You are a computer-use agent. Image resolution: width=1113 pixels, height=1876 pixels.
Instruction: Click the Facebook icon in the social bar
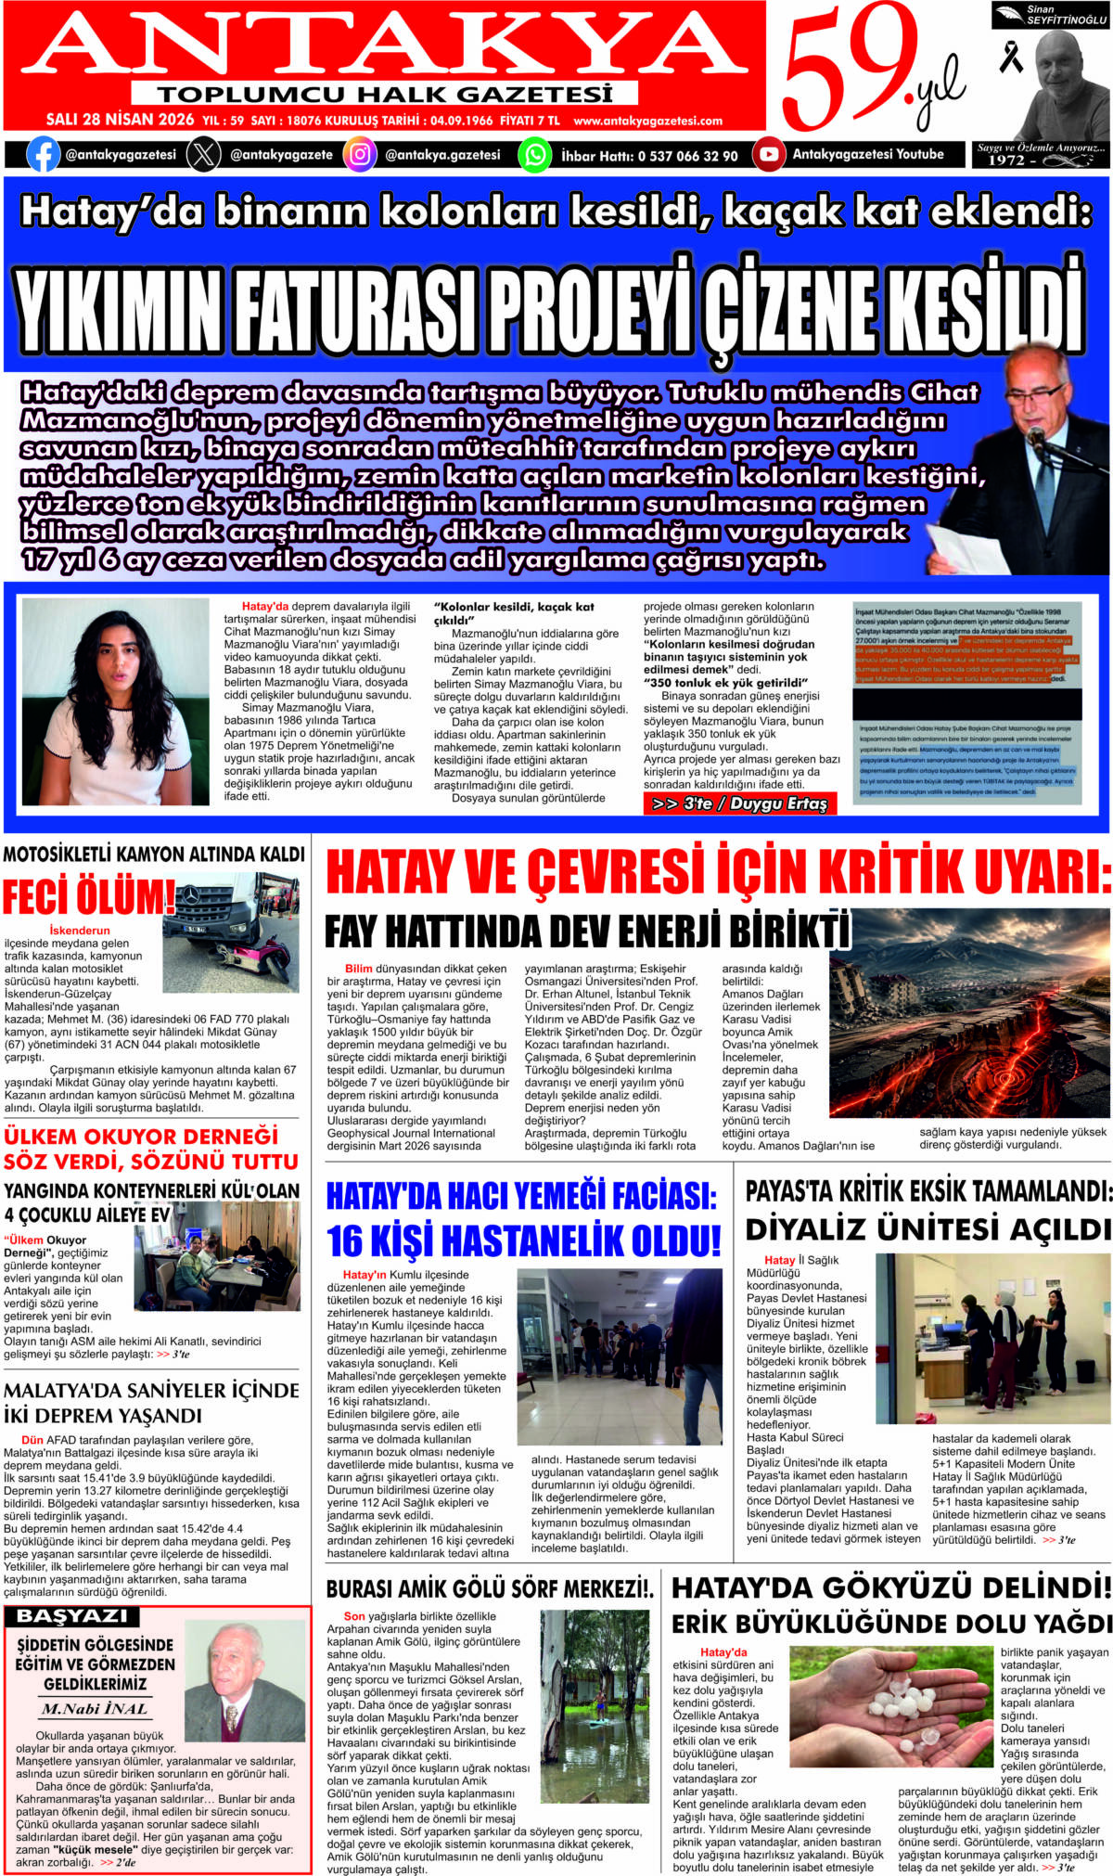coord(43,154)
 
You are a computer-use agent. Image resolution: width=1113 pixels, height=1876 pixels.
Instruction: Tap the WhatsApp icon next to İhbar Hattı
coord(534,155)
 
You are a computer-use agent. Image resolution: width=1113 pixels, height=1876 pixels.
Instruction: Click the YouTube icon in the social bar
coord(768,154)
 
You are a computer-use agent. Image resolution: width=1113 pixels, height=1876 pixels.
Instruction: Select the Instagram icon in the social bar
coord(360,154)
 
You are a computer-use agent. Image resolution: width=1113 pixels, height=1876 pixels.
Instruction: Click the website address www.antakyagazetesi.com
coord(647,121)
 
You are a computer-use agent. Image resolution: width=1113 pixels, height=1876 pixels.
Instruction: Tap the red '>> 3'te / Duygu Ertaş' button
coord(739,803)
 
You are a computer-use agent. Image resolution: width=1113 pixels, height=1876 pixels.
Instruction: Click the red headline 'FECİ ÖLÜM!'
coord(88,897)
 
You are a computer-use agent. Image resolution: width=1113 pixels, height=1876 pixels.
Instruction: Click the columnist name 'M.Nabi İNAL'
coord(95,1708)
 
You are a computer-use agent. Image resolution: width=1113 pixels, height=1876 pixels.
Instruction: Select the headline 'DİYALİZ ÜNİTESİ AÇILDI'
coord(927,1229)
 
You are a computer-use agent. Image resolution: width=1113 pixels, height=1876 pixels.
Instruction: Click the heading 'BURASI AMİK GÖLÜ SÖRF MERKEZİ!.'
coord(490,1589)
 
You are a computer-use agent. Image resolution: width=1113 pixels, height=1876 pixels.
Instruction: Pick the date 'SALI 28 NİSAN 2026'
coord(121,120)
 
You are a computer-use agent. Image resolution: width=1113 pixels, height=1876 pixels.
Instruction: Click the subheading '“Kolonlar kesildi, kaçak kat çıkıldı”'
coord(514,613)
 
